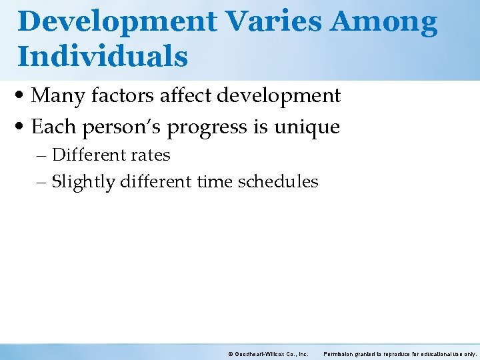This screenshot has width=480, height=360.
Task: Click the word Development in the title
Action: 117,22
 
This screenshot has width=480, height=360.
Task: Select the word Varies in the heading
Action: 274,21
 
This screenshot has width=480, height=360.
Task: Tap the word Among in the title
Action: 383,23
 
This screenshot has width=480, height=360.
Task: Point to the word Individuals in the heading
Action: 103,55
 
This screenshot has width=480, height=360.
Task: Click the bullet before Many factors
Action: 19,95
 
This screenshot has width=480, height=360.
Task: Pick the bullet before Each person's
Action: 19,126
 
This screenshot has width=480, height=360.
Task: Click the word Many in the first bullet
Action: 58,96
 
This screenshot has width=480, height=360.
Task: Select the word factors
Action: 123,95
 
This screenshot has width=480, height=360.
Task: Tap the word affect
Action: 185,95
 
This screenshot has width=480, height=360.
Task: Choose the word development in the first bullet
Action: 279,96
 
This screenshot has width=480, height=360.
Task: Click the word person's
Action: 121,127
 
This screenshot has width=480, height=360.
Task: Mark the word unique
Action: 307,127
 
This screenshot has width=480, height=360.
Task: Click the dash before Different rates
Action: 41,156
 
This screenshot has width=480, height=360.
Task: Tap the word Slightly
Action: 83,183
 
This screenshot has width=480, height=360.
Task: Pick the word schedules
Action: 278,181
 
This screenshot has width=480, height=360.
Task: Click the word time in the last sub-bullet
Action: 215,181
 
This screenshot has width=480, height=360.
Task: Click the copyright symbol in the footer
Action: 231,354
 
